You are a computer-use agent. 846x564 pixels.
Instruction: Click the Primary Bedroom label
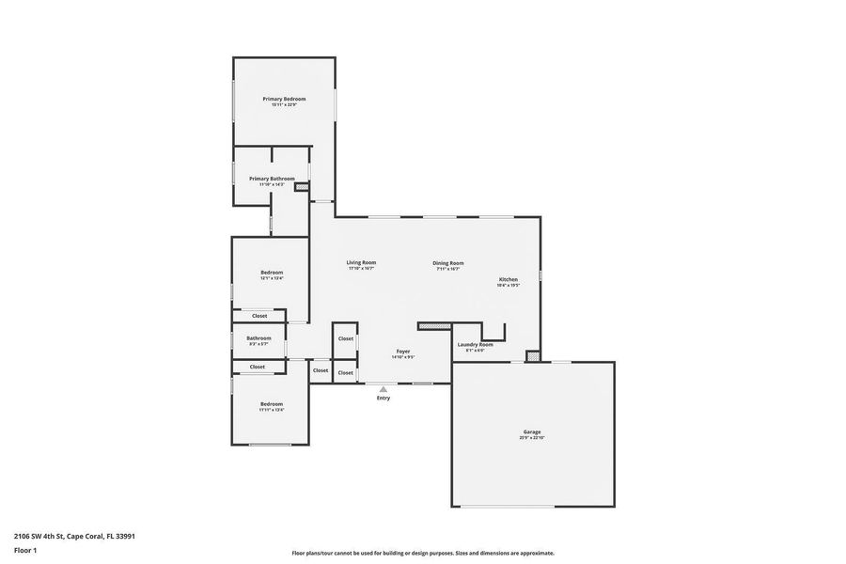[284, 99]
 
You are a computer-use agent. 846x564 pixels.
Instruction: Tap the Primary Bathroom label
[272, 179]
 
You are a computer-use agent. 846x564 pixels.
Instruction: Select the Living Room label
[361, 263]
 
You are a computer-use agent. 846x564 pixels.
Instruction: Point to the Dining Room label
[447, 263]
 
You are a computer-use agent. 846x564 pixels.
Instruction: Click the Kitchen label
[508, 279]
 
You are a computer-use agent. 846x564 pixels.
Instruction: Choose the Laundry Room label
[475, 345]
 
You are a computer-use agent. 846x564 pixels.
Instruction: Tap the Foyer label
[402, 352]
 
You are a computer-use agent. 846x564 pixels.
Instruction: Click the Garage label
[532, 432]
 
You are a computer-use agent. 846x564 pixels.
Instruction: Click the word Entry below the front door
[384, 399]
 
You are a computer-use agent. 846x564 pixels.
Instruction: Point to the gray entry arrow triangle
[383, 388]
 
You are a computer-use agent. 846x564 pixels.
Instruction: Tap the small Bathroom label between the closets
[259, 338]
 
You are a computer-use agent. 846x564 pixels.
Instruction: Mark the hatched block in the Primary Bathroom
[302, 187]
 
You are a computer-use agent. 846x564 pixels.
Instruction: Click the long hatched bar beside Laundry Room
[435, 326]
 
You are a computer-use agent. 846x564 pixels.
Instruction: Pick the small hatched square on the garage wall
[533, 356]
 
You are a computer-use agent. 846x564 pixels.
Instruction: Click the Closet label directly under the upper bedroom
[259, 316]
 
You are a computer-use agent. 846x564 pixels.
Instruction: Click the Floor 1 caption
[25, 550]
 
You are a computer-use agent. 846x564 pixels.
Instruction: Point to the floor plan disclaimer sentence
[423, 554]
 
